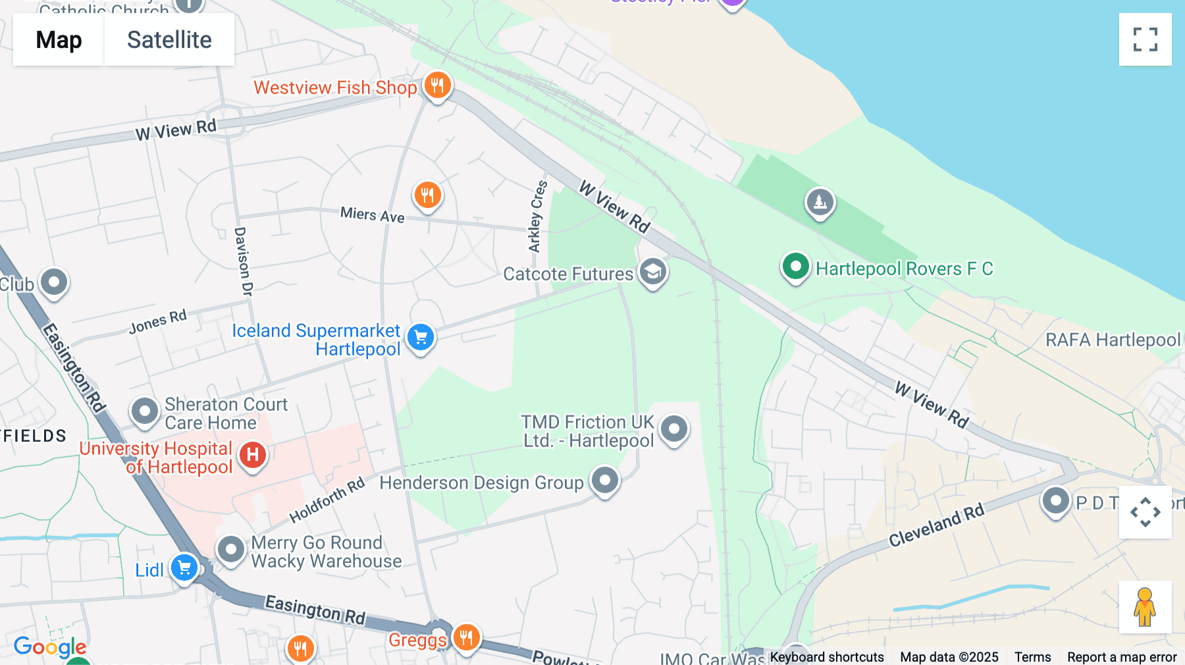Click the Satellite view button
click(169, 40)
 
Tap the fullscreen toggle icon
click(1145, 40)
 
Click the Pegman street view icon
click(1145, 607)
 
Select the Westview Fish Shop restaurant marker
click(437, 86)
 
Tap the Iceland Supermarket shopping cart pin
click(421, 337)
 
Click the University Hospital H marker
click(253, 455)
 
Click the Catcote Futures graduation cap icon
click(653, 272)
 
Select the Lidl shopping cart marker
click(184, 568)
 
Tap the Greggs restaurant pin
click(466, 637)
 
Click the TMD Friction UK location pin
click(673, 429)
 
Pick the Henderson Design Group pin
click(604, 481)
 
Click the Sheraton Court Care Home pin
click(145, 412)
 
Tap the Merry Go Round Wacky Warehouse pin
click(231, 549)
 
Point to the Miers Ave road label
click(373, 215)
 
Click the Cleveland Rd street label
click(936, 525)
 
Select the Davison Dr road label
click(243, 261)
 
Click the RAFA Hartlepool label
click(1113, 340)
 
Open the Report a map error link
click(1122, 657)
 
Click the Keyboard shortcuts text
click(827, 657)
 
